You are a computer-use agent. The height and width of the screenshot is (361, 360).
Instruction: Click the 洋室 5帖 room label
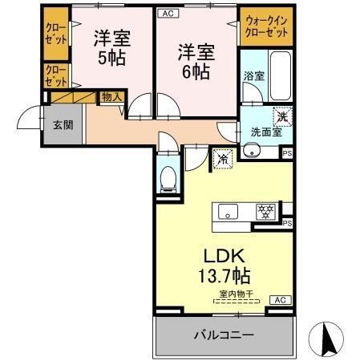point(111,48)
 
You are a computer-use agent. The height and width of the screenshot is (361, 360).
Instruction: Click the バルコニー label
point(224,335)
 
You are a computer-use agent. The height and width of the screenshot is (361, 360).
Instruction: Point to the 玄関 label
point(63,124)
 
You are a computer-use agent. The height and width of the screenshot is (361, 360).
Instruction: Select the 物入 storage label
point(111,96)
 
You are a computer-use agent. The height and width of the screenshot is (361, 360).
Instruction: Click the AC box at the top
point(167,13)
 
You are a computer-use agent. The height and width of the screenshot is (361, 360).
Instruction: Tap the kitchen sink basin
point(228,213)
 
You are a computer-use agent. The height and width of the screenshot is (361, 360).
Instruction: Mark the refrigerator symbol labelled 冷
point(222,158)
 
